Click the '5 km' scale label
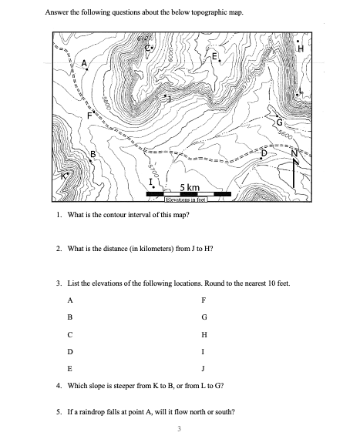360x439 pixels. tap(190, 189)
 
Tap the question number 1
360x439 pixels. tap(59, 215)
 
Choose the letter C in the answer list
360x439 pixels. tap(70, 333)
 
